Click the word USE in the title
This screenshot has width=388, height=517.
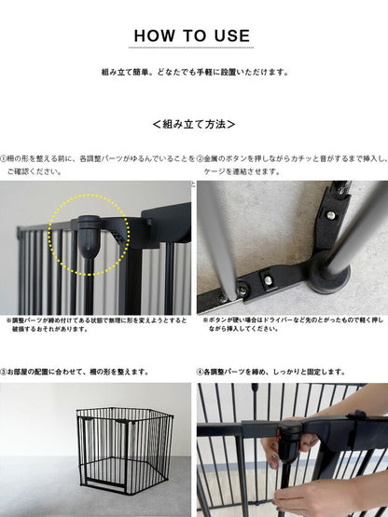(x=231, y=36)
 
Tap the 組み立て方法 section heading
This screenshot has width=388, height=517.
(x=194, y=123)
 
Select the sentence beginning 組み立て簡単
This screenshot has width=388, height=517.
(x=194, y=72)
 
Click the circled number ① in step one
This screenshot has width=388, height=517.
(x=4, y=159)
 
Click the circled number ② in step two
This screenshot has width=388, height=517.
(x=201, y=159)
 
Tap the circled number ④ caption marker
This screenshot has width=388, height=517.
(x=201, y=372)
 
